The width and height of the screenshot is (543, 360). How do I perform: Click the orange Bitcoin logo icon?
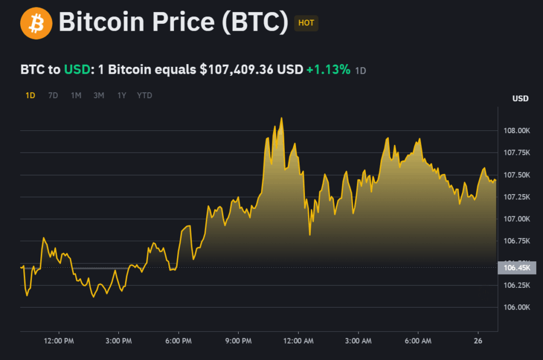[36, 23]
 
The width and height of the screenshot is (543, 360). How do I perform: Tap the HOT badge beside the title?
[306, 23]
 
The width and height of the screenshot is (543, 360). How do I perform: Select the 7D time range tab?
[53, 95]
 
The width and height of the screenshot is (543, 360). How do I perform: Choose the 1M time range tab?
[76, 95]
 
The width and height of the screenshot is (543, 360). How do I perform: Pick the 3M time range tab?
[99, 95]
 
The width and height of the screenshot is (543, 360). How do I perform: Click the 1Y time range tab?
[122, 95]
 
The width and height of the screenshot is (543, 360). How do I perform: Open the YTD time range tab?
[144, 95]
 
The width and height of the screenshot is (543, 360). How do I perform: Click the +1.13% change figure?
[328, 69]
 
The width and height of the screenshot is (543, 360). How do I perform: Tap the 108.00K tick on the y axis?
[516, 130]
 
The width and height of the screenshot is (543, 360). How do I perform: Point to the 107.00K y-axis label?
[516, 219]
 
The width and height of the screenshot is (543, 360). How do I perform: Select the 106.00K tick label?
[516, 308]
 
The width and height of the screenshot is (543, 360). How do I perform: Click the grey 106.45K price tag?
[517, 268]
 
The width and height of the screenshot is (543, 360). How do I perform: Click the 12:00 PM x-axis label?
[58, 341]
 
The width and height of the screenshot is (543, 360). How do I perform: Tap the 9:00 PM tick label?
[238, 341]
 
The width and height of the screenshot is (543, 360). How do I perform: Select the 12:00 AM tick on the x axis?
[298, 341]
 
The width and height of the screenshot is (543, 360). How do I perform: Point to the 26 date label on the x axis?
[478, 341]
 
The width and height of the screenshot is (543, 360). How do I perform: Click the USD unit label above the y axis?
[520, 99]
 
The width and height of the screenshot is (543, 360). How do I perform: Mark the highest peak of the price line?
[282, 118]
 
